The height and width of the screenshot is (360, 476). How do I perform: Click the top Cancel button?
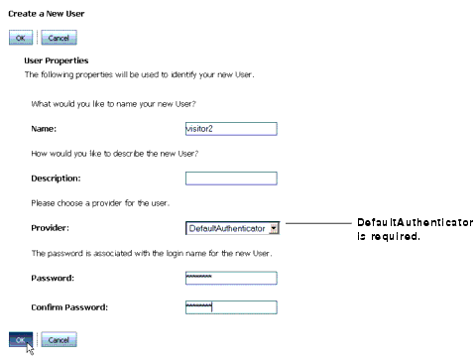59,37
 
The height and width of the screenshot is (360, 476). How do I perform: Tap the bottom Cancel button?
59,339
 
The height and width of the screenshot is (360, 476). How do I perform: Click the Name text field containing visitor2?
230,128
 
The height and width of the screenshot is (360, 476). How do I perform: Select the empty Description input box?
230,179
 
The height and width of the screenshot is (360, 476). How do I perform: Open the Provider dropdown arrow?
274,228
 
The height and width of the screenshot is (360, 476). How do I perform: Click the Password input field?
230,278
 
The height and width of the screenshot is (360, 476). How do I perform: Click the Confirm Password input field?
230,306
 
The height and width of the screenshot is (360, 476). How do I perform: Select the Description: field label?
56,179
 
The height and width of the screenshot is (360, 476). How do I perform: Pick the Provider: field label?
52,228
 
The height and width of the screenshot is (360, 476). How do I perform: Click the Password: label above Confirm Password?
54,278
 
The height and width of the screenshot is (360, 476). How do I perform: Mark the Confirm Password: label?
71,306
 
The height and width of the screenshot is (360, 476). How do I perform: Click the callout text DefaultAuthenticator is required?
415,230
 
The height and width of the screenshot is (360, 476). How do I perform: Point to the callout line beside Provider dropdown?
319,223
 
